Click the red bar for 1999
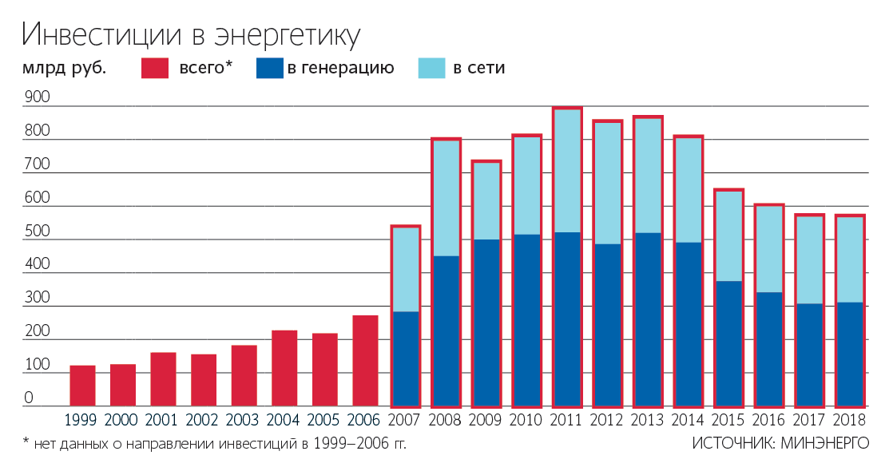pyautogui.click(x=82, y=386)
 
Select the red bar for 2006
pyautogui.click(x=365, y=361)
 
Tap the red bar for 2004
pyautogui.click(x=284, y=368)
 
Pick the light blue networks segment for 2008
pyautogui.click(x=446, y=198)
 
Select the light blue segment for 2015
pyautogui.click(x=728, y=236)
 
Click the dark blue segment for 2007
pyautogui.click(x=405, y=358)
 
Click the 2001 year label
pyautogui.click(x=163, y=420)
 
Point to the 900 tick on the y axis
pyautogui.click(x=37, y=98)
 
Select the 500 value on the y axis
pyautogui.click(x=37, y=232)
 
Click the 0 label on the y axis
pyautogui.click(x=29, y=398)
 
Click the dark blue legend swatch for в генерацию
pyautogui.click(x=270, y=68)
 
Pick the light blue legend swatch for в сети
pyautogui.click(x=431, y=68)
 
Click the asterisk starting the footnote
pyautogui.click(x=26, y=440)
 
